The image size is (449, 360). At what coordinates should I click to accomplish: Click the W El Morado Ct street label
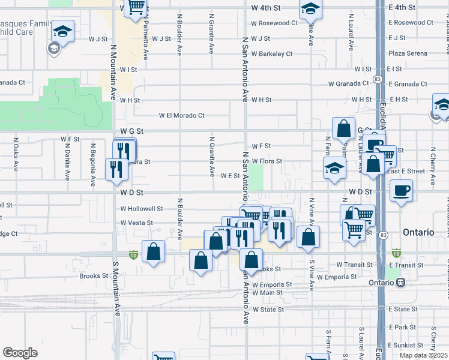[x=181, y=115]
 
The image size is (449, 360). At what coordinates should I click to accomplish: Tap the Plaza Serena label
[x=408, y=53]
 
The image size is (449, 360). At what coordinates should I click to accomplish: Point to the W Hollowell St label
[x=142, y=209]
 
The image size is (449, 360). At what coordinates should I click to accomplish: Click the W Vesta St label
[x=137, y=223]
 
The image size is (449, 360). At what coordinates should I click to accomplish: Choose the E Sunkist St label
[x=406, y=346]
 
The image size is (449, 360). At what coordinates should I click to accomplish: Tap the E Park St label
[x=402, y=328]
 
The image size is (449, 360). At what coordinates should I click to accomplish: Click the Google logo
[x=20, y=353]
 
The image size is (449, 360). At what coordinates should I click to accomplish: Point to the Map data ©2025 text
[x=423, y=355]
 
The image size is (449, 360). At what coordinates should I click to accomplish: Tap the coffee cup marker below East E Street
[x=401, y=191]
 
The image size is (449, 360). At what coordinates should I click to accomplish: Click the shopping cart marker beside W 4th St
[x=136, y=6]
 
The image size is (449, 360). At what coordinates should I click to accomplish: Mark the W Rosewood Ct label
[x=274, y=23]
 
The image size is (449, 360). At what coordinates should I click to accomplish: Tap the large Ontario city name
[x=418, y=232]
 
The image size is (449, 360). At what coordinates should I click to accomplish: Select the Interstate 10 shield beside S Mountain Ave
[x=132, y=255]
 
